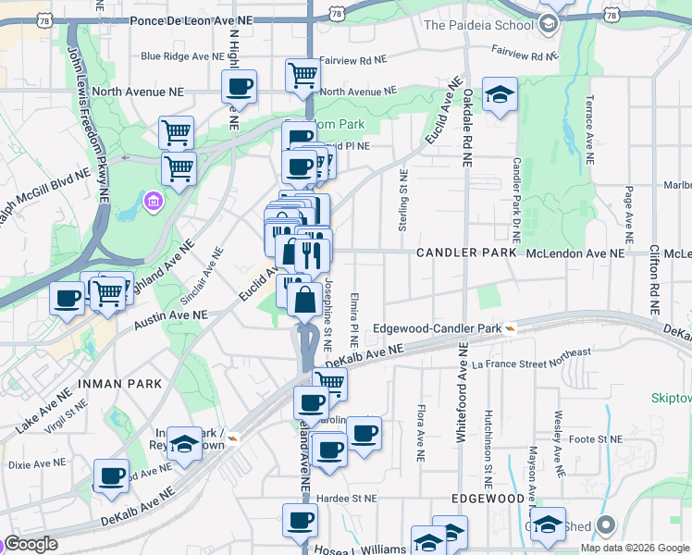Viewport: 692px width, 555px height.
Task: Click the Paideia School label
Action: [x=478, y=25]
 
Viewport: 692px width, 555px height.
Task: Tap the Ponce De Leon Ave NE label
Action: [x=192, y=18]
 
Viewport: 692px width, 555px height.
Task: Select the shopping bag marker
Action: [x=304, y=301]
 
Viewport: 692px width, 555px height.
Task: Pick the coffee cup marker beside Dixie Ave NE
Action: [x=112, y=475]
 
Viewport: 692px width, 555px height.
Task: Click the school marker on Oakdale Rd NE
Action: [x=500, y=95]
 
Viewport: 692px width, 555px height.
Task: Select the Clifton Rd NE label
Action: [x=654, y=277]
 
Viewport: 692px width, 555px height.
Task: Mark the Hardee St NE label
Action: [x=347, y=497]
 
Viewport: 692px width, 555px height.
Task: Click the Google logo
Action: [x=31, y=545]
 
